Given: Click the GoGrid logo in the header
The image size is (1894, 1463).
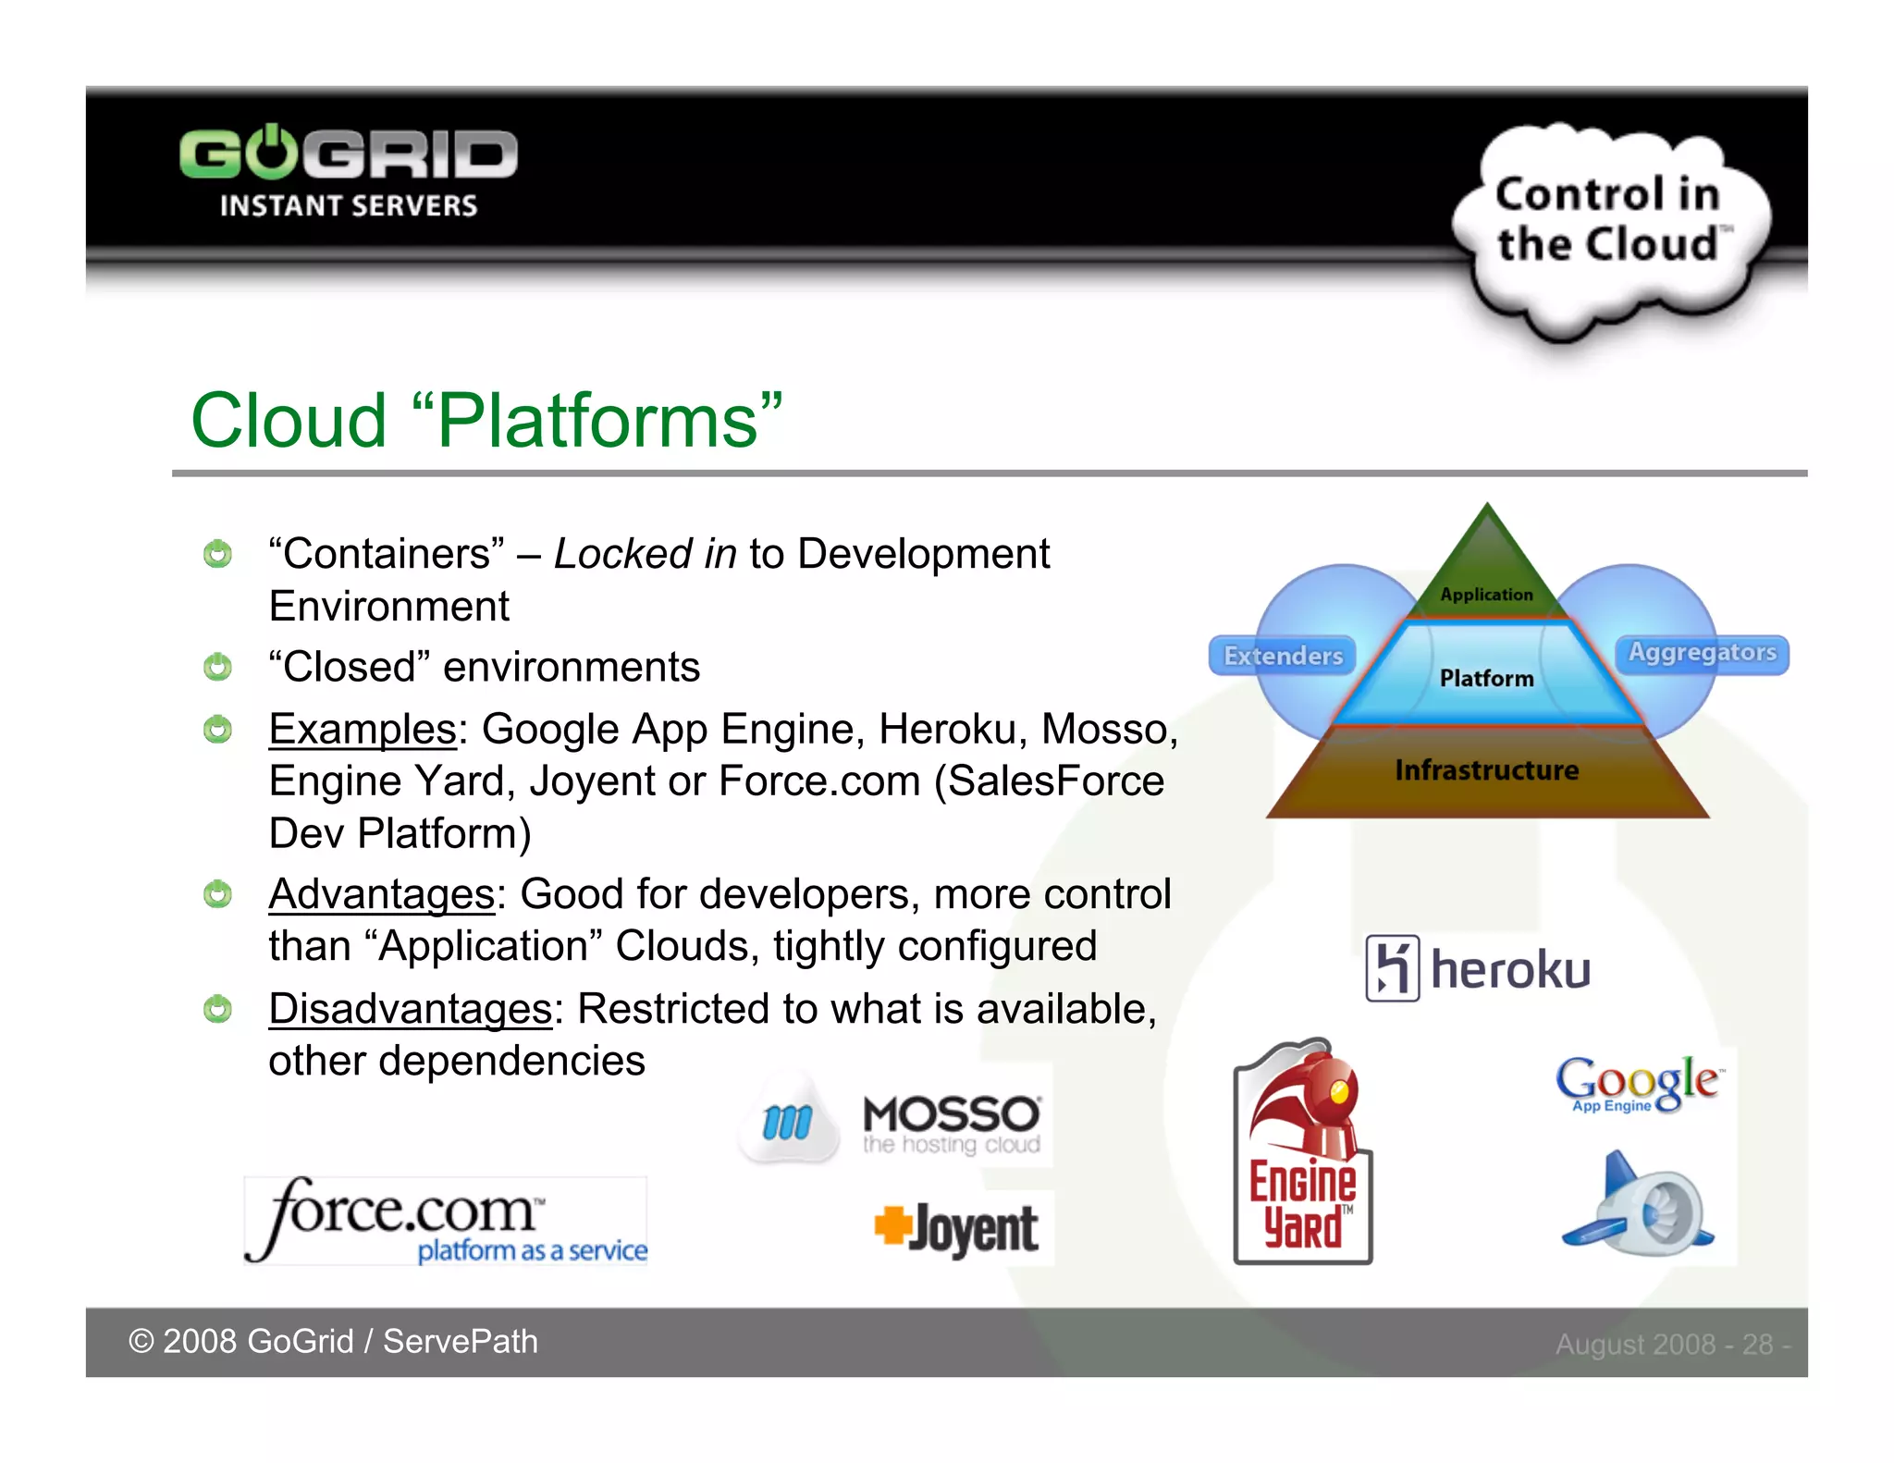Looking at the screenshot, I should pyautogui.click(x=349, y=171).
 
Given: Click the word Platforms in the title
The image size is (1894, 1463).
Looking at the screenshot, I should pyautogui.click(x=597, y=421).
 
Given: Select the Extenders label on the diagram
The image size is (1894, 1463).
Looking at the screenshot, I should pyautogui.click(x=1283, y=656).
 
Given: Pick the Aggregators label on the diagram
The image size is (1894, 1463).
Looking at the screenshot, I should pyautogui.click(x=1702, y=653).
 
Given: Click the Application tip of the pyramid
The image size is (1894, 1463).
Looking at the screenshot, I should pyautogui.click(x=1486, y=593).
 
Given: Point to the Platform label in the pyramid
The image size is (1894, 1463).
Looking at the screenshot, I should pyautogui.click(x=1486, y=678).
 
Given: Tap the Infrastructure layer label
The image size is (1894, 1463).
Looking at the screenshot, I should pyautogui.click(x=1486, y=769).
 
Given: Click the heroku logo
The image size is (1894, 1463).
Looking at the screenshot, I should pyautogui.click(x=1478, y=968).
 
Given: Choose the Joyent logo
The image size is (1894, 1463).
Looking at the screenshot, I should pyautogui.click(x=957, y=1229).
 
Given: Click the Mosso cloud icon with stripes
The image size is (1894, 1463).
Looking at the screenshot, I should pyautogui.click(x=788, y=1121).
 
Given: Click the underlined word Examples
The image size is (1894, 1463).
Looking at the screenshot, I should pyautogui.click(x=363, y=729).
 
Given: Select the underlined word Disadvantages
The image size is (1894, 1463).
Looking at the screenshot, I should pyautogui.click(x=410, y=1008).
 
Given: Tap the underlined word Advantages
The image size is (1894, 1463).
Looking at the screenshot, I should pyautogui.click(x=382, y=894).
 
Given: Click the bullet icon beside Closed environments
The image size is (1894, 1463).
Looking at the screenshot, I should pyautogui.click(x=217, y=667).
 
